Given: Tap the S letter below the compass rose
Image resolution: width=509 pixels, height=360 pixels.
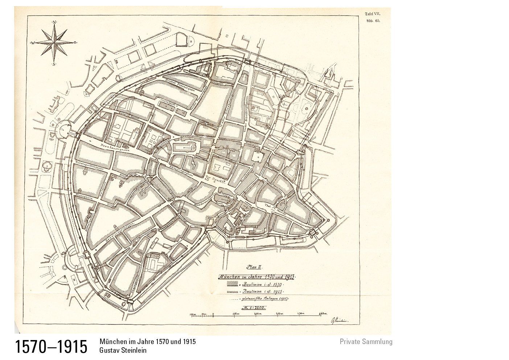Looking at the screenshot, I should click(54, 64).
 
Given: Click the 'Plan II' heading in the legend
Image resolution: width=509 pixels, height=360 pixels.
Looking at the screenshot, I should click(254, 267).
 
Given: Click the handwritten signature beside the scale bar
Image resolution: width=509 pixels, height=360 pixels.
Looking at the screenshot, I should click(337, 320).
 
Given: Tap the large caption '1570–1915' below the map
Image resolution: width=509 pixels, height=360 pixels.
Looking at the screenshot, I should click(51, 347).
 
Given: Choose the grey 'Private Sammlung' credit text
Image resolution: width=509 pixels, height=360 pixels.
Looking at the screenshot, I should click(366, 341).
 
